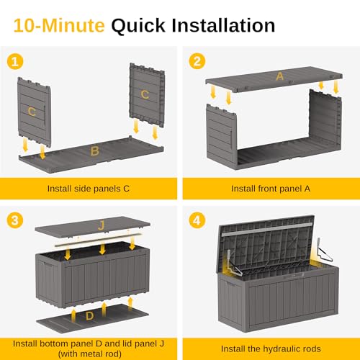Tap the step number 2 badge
click(x=195, y=60)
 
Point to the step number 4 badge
click(x=195, y=217)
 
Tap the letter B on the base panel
click(x=94, y=151)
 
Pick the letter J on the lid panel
click(x=102, y=226)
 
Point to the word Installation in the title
click(x=225, y=26)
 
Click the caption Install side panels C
click(x=89, y=189)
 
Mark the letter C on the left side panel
click(x=32, y=111)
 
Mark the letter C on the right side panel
click(x=145, y=94)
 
